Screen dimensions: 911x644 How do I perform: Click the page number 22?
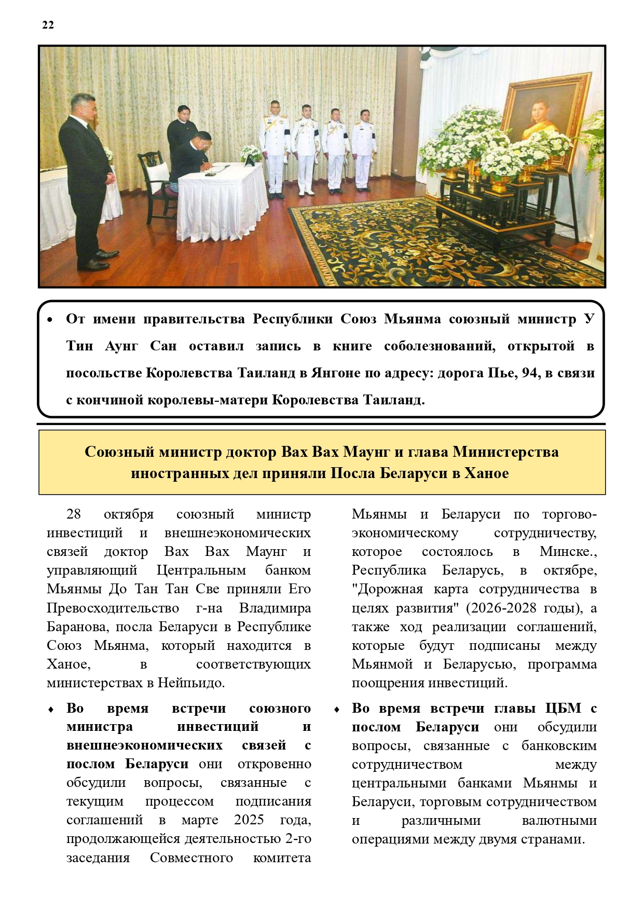[48, 25]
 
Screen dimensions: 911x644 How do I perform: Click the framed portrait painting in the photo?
[545, 119]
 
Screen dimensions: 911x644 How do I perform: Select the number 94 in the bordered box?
[525, 373]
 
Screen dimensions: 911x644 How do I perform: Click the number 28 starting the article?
[74, 514]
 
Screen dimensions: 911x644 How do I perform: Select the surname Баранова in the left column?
[77, 627]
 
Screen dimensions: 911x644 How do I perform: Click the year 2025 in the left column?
[249, 820]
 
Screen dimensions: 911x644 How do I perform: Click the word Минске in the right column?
[567, 551]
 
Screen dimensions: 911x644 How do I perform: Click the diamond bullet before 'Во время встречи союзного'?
[51, 709]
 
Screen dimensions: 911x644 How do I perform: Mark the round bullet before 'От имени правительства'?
[50, 320]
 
